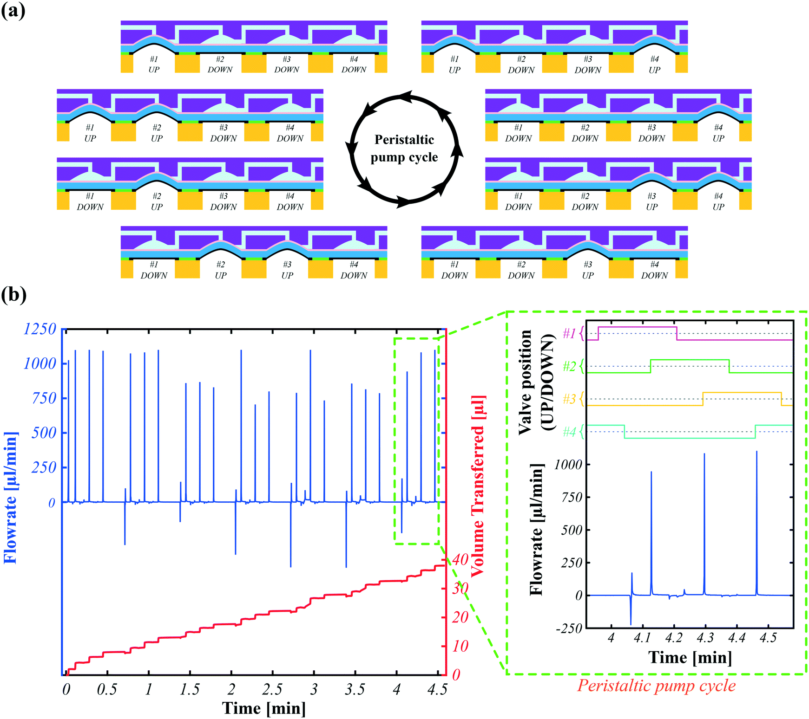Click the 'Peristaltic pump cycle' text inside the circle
(x=404, y=149)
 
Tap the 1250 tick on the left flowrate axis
(x=39, y=329)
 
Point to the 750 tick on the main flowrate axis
(x=44, y=398)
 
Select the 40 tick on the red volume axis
(x=460, y=559)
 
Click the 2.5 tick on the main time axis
(x=272, y=689)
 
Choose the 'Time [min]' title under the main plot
(x=264, y=708)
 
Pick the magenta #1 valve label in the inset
(x=569, y=333)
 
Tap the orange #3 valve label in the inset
(x=569, y=399)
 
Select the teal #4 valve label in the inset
(x=569, y=432)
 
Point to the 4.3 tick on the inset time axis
(x=705, y=638)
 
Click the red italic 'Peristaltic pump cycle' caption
(x=656, y=686)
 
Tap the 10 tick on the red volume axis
(x=460, y=646)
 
